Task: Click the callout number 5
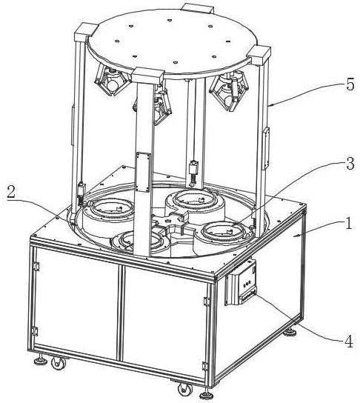[x=350, y=84]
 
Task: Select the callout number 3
[x=350, y=163]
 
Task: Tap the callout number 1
[x=348, y=223]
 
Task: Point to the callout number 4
[x=348, y=342]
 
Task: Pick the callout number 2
[x=11, y=192]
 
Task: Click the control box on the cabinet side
[x=241, y=283]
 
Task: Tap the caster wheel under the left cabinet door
[x=59, y=363]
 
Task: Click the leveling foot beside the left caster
[x=41, y=360]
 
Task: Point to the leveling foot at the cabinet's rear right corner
[x=290, y=332]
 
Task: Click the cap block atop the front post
[x=147, y=76]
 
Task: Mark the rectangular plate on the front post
[x=143, y=172]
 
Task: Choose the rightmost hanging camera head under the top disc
[x=229, y=90]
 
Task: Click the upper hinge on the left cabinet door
[x=36, y=267]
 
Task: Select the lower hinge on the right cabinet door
[x=205, y=366]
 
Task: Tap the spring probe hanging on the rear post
[x=193, y=173]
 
